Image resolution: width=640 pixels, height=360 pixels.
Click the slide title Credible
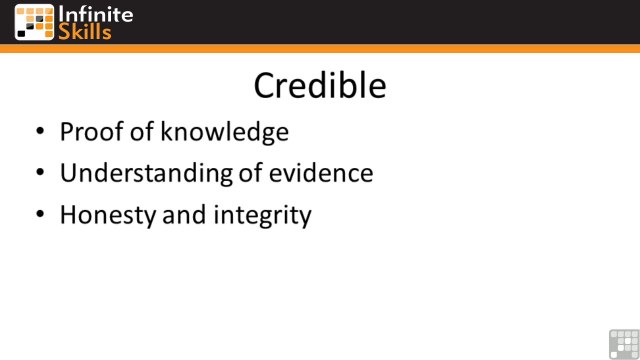click(319, 85)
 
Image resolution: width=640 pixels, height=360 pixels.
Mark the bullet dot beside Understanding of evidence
click(39, 174)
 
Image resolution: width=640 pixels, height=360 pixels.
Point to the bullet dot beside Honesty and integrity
click(39, 215)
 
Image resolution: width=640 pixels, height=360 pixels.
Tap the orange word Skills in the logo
click(85, 31)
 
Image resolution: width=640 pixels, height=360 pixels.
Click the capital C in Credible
click(265, 85)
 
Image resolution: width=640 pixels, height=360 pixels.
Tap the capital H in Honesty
click(68, 214)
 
